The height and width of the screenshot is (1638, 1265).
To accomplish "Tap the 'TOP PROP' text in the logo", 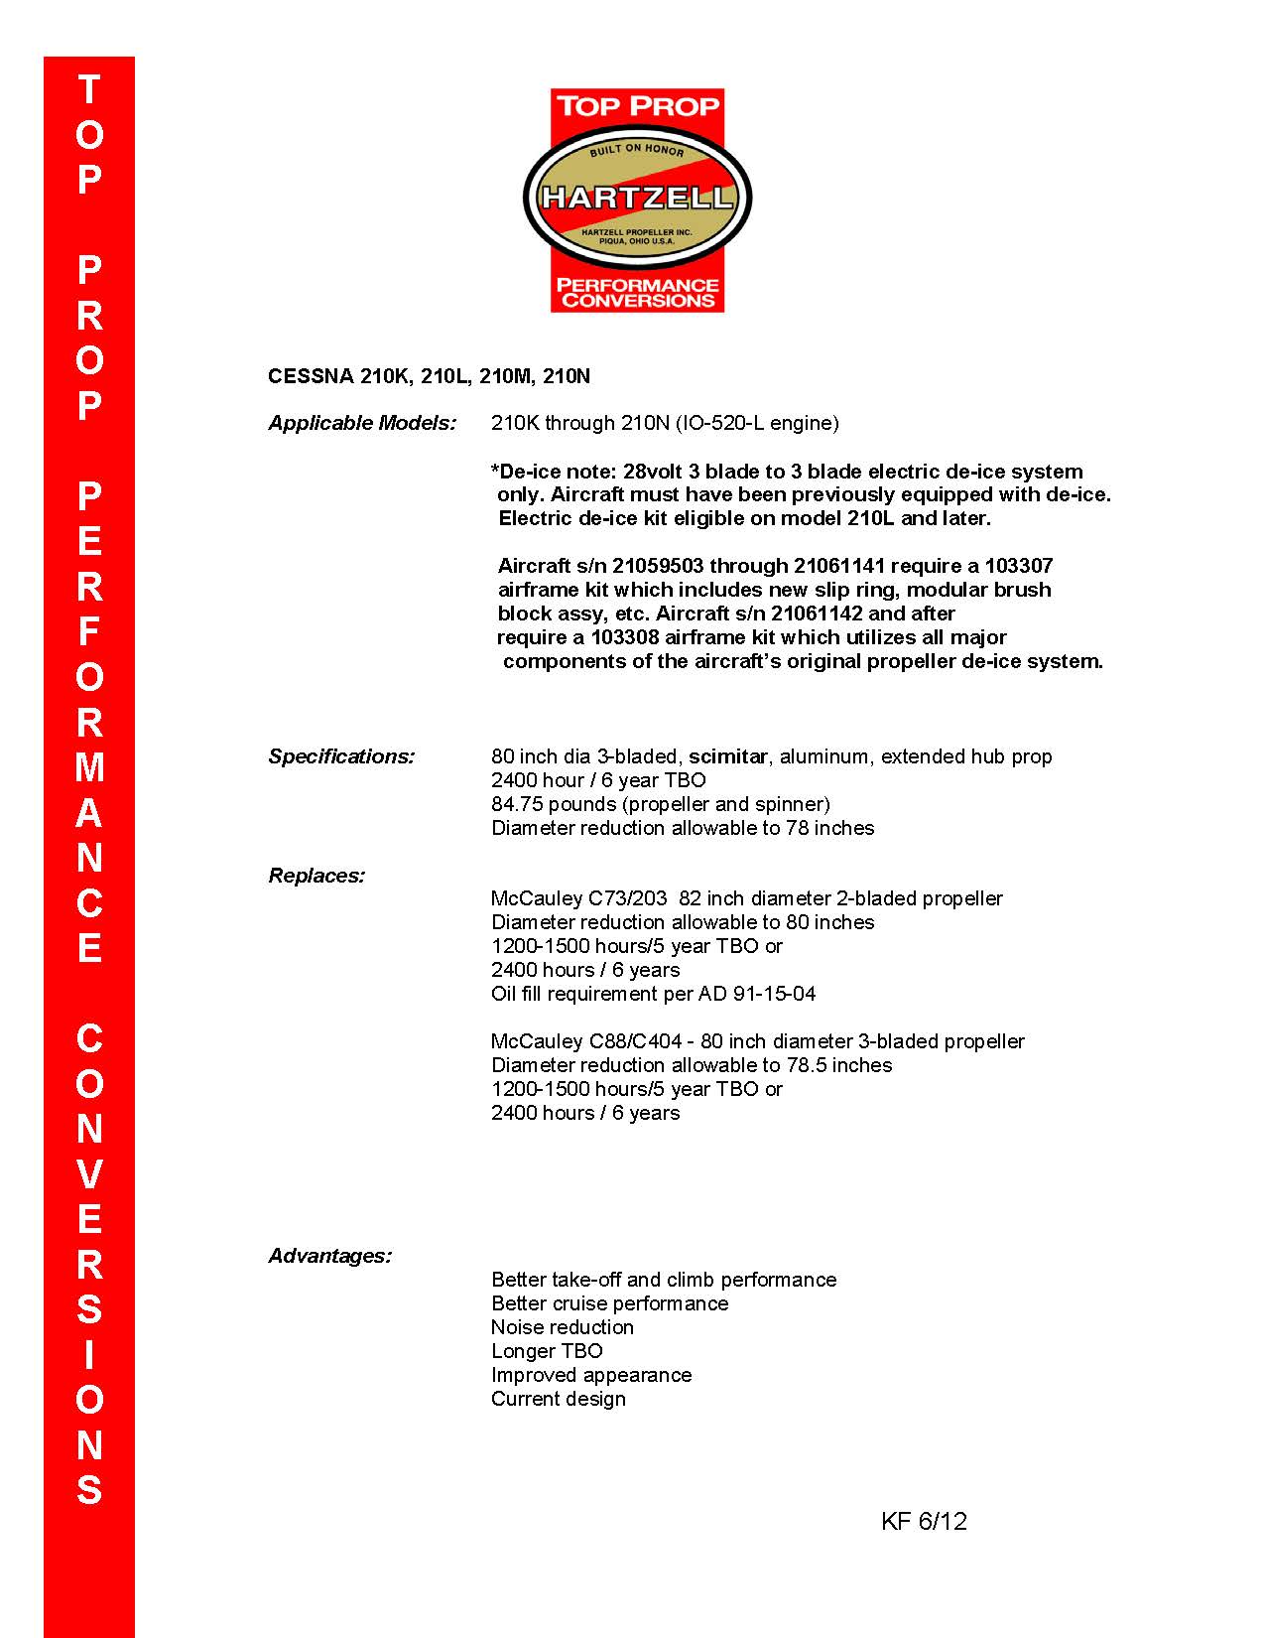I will [637, 106].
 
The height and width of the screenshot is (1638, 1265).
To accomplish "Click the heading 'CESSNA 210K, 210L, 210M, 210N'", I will [429, 376].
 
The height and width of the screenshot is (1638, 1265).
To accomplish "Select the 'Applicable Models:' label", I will [362, 423].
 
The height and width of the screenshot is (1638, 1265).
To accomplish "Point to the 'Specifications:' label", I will [341, 756].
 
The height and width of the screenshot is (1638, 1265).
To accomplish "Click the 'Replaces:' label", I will [316, 876].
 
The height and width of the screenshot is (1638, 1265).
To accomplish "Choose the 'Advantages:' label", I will [329, 1256].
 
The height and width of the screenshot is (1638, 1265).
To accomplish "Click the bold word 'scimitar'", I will [728, 756].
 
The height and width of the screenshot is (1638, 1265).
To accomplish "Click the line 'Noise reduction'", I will [562, 1327].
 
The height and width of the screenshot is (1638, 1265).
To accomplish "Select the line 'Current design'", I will [559, 1399].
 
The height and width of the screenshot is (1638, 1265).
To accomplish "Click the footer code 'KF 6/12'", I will [923, 1521].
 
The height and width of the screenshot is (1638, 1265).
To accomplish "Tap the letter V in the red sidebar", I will [89, 1173].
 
